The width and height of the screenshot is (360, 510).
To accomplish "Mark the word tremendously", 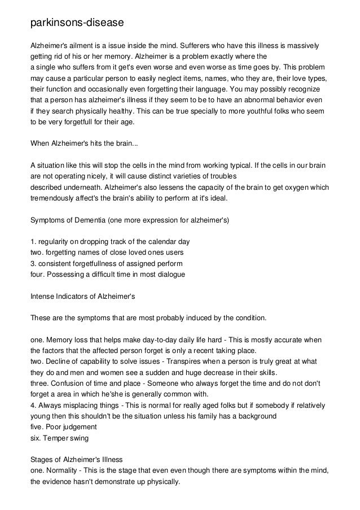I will tap(54, 199).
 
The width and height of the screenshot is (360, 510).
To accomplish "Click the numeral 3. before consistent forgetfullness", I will tap(33, 263).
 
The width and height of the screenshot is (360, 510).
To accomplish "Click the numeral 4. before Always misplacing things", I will tap(33, 406).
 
